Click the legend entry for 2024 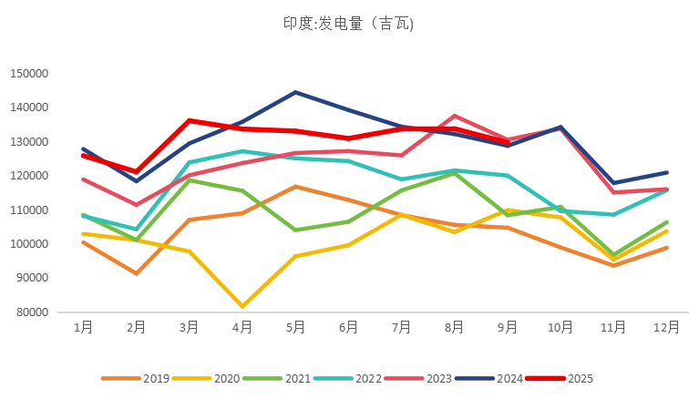pyautogui.click(x=498, y=378)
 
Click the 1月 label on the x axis pyautogui.click(x=84, y=327)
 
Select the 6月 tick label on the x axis pyautogui.click(x=349, y=327)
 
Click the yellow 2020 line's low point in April pyautogui.click(x=242, y=306)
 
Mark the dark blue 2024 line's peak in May pyautogui.click(x=295, y=92)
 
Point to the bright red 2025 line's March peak pyautogui.click(x=190, y=120)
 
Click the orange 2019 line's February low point pyautogui.click(x=137, y=273)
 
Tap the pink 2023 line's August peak pyautogui.click(x=455, y=116)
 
